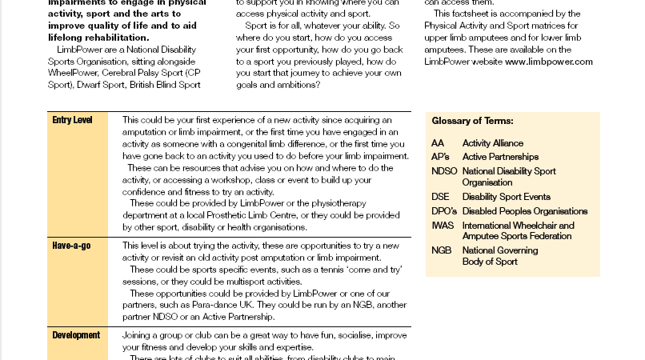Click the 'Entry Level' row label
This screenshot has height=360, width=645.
(x=72, y=120)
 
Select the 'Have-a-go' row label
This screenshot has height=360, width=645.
(x=71, y=245)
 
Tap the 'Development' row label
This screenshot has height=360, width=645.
(x=76, y=335)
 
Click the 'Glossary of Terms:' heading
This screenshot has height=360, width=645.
(x=472, y=122)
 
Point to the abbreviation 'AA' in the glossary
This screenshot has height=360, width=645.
(x=437, y=143)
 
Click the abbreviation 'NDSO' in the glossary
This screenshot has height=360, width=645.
(x=444, y=170)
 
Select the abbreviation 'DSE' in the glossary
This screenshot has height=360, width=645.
(x=440, y=198)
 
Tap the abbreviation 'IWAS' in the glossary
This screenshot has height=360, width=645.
(x=443, y=226)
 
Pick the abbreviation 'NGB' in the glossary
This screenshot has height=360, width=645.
(x=441, y=250)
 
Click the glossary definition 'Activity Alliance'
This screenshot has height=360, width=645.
(x=493, y=143)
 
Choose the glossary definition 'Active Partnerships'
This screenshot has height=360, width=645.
(x=500, y=157)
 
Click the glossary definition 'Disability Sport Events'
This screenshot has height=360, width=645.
(x=507, y=198)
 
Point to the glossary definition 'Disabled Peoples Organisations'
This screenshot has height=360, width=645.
(x=525, y=211)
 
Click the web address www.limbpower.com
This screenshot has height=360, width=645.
(x=548, y=62)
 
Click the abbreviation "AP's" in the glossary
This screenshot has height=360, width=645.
(x=440, y=157)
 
